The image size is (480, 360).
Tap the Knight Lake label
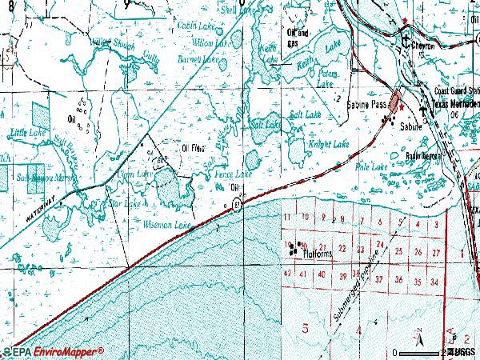click(x=329, y=144)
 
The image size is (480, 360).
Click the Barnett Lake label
click(x=199, y=59)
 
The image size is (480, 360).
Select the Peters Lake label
click(x=326, y=78)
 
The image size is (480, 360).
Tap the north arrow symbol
click(x=418, y=334)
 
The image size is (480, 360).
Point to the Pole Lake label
click(x=374, y=166)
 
